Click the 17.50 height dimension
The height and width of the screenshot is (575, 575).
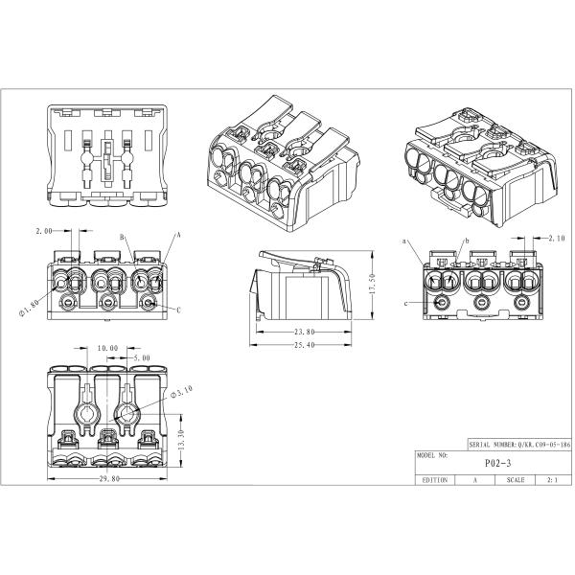372,284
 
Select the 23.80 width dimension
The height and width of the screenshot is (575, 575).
305,332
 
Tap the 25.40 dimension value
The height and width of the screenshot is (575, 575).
305,345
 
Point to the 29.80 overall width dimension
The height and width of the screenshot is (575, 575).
109,478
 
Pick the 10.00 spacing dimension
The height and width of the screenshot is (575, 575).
107,348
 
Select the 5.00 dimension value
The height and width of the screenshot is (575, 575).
141,357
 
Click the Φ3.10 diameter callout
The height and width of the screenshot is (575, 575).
182,391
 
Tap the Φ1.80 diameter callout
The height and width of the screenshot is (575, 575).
28,309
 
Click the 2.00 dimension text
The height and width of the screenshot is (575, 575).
44,231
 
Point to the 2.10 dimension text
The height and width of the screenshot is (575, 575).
557,239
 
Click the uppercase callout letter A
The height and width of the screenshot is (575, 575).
179,235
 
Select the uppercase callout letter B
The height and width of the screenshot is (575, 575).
122,238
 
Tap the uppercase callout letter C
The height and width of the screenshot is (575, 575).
179,310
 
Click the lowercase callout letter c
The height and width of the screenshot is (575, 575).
406,304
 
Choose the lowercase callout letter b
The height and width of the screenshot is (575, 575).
468,241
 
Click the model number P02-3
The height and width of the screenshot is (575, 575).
497,463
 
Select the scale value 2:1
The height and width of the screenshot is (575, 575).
552,480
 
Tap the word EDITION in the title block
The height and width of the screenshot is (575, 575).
435,480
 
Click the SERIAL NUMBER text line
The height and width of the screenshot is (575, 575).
520,445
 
